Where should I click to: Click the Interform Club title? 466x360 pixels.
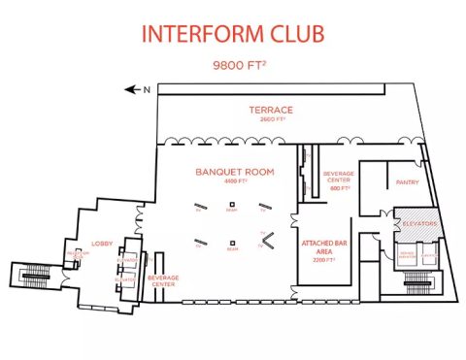tap(233, 34)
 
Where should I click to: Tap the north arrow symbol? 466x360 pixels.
tap(133, 89)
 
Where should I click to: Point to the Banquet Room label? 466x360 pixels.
tap(235, 172)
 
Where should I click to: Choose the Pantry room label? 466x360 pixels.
tap(405, 181)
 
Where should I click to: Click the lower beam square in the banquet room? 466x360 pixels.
tap(233, 243)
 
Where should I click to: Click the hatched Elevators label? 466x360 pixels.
tap(420, 223)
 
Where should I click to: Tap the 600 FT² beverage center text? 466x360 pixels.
tap(339, 188)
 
